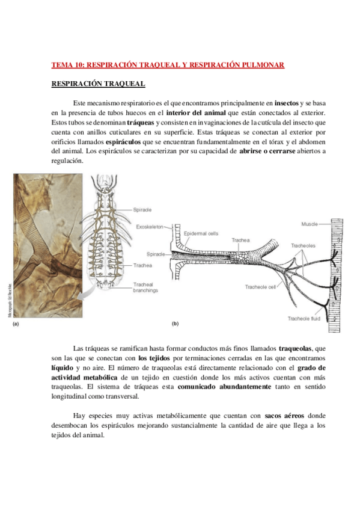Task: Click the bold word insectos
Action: pos(282,103)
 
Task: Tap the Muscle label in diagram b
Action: pos(310,224)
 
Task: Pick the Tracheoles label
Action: pos(303,245)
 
